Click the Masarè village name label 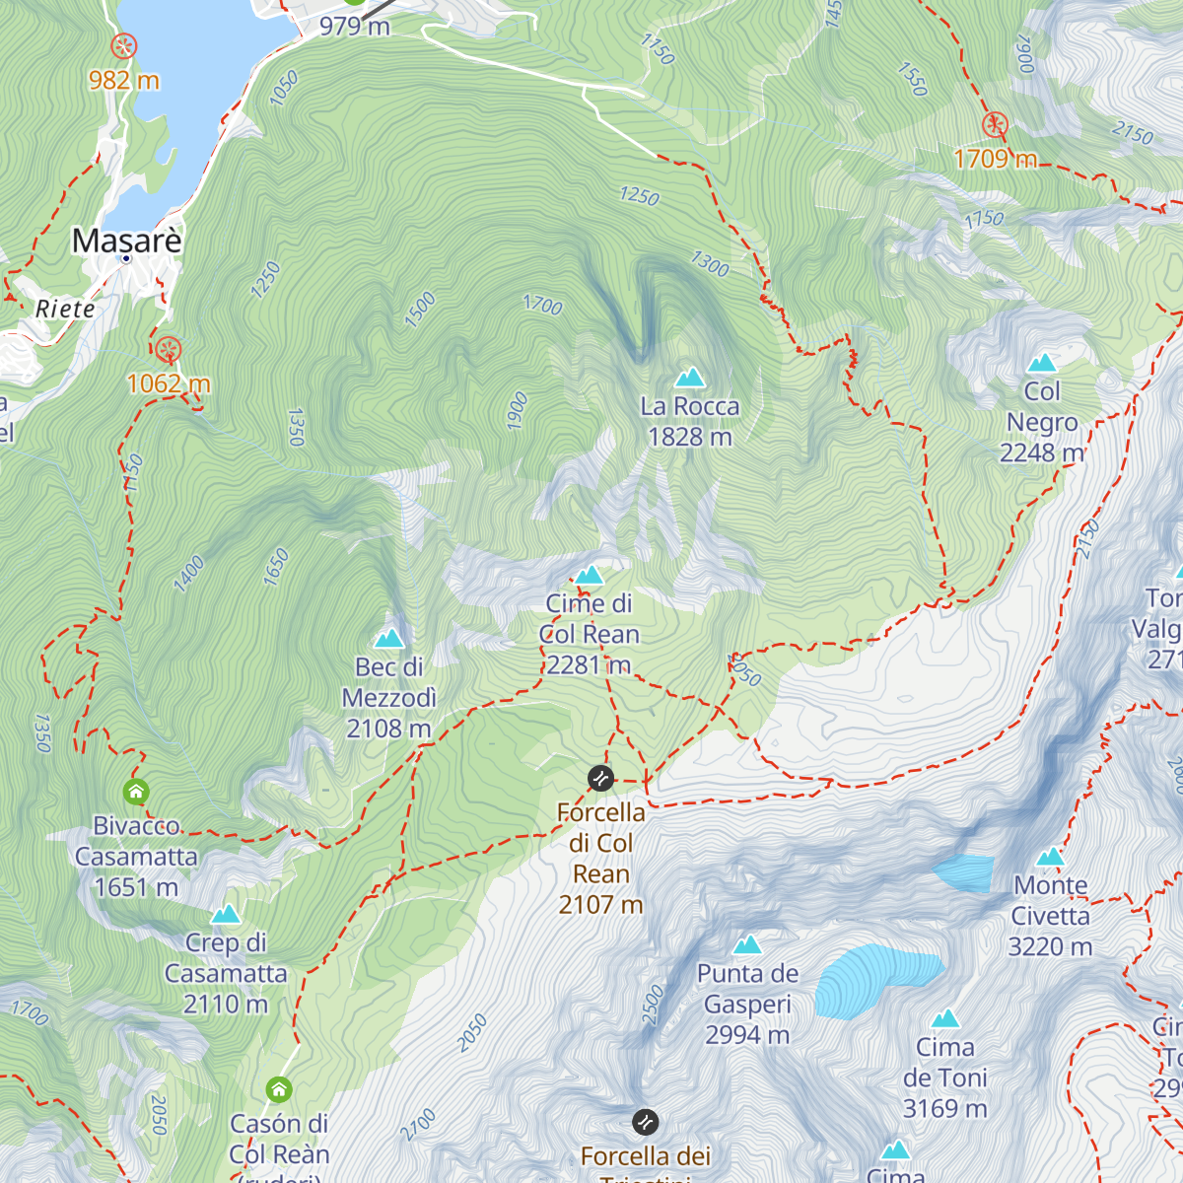tap(127, 241)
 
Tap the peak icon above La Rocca tap(690, 377)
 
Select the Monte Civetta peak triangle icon tap(1050, 856)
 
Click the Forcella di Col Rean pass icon tap(600, 779)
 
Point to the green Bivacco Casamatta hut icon tap(136, 792)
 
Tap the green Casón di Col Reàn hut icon tap(279, 1089)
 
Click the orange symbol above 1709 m tap(995, 125)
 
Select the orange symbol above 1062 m tap(169, 350)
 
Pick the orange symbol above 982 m tap(123, 46)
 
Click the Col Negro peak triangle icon tap(1042, 362)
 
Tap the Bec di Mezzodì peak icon tap(389, 638)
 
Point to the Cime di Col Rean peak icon tap(590, 574)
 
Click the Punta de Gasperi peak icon tap(747, 944)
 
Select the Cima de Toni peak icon tap(945, 1017)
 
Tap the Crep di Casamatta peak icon tap(226, 914)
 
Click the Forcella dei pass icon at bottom tap(645, 1122)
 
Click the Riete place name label tap(65, 309)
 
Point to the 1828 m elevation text tap(689, 437)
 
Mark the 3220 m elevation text tap(1050, 947)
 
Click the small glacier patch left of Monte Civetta tap(964, 873)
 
